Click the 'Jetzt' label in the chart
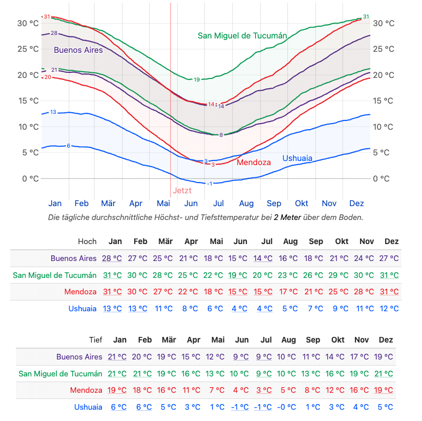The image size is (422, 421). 182,190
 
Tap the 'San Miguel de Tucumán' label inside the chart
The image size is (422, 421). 242,35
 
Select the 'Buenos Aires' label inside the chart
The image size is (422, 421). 78,50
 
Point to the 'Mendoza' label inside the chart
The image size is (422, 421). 254,162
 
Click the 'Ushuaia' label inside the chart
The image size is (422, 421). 297,158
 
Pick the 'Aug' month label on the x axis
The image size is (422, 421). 246,203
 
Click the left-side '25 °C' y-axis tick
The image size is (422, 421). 28,49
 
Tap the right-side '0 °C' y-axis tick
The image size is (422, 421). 381,178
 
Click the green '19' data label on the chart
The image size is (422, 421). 197,79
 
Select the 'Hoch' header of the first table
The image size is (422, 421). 87,241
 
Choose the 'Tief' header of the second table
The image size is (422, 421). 96,339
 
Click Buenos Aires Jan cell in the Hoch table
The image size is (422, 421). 112,258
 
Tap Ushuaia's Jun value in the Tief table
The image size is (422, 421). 240,407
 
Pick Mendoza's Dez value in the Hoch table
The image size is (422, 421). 389,292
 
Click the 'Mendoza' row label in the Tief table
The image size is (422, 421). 86,390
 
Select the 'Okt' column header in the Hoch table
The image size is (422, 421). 342,241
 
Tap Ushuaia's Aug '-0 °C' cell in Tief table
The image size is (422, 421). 288,407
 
